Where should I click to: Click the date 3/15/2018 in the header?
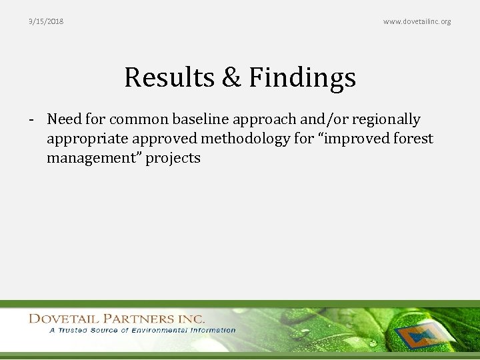pyautogui.click(x=46, y=21)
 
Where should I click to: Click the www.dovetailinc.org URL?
pyautogui.click(x=417, y=21)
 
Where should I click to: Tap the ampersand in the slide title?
pyautogui.click(x=231, y=77)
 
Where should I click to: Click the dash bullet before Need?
pyautogui.click(x=31, y=120)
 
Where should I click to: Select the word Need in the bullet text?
pyautogui.click(x=64, y=119)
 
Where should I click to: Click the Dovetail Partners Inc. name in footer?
pyautogui.click(x=117, y=319)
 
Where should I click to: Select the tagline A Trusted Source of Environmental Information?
pyautogui.click(x=141, y=330)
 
